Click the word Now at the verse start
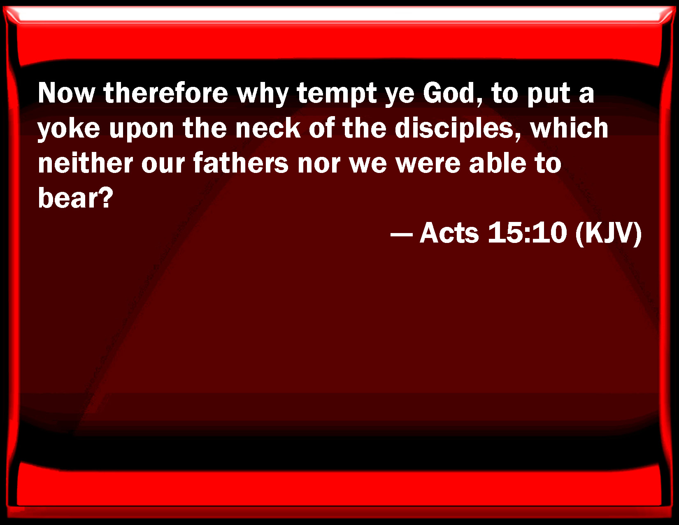pos(66,93)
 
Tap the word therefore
pos(166,93)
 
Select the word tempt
pos(337,94)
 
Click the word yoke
pos(69,129)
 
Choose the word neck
pos(268,128)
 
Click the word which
pos(569,128)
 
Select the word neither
pos(85,163)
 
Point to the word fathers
pos(241,163)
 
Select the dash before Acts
pos(402,233)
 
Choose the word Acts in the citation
pos(449,233)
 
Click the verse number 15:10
pos(527,233)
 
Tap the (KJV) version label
pos(608,233)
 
